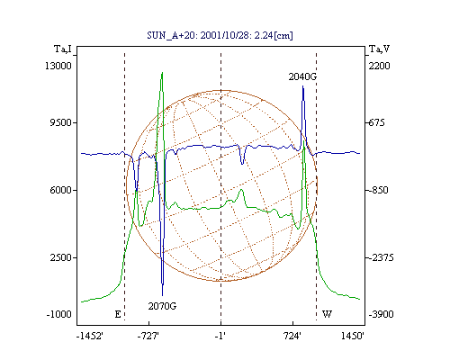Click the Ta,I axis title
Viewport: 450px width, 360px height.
(63, 49)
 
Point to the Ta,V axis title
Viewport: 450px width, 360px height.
(379, 49)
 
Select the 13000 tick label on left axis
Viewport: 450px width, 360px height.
(58, 66)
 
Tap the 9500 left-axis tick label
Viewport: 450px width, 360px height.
(61, 122)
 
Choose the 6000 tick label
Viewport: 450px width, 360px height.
(61, 190)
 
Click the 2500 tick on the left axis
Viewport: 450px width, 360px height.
(61, 257)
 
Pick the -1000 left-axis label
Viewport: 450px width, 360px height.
(58, 314)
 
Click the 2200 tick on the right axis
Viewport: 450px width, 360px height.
(379, 66)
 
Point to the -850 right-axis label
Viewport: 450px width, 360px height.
(378, 190)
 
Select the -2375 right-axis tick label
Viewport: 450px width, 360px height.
(381, 257)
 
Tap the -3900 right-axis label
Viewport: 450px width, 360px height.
(381, 314)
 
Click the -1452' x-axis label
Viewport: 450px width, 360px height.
(90, 336)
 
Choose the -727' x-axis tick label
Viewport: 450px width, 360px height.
(148, 336)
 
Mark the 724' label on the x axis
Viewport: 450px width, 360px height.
(292, 336)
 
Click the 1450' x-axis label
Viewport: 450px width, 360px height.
(353, 336)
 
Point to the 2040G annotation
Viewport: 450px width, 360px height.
(302, 76)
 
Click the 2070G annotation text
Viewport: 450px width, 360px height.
(162, 306)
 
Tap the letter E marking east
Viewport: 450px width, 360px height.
(118, 314)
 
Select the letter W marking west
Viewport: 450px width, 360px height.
(327, 314)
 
